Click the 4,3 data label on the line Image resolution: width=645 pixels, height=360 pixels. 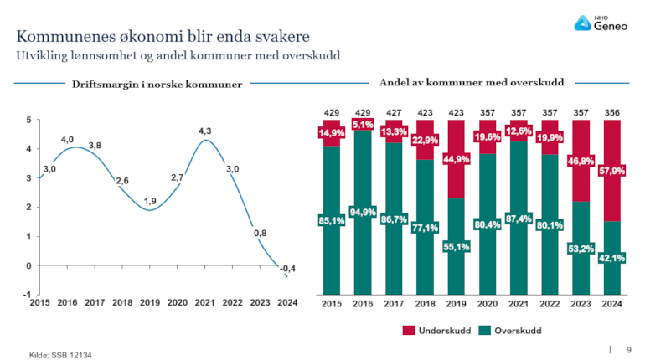(x=204, y=131)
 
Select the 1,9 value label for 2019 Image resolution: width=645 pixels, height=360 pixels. (x=150, y=201)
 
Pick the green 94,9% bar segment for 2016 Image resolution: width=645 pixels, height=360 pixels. (x=363, y=211)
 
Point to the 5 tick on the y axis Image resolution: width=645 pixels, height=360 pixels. (x=29, y=120)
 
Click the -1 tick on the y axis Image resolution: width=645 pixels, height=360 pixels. (x=28, y=295)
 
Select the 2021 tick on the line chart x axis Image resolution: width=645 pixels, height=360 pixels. (x=204, y=303)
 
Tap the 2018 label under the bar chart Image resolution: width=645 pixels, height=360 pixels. (x=425, y=303)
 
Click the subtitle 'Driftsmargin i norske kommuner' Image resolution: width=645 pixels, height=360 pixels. (x=157, y=85)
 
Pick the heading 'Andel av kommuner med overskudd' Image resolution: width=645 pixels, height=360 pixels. (x=471, y=83)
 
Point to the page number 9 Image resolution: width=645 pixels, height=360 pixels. (x=629, y=349)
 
